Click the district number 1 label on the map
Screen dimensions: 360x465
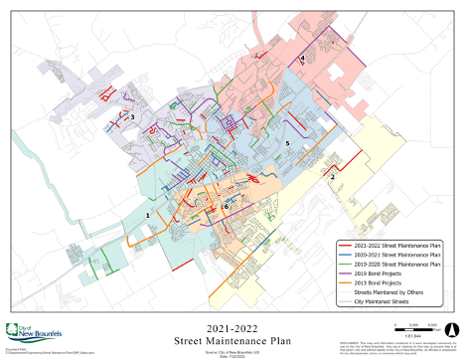[149, 214]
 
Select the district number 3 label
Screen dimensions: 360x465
[132, 117]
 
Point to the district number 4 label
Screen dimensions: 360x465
[302, 60]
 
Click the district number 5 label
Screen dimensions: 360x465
[287, 144]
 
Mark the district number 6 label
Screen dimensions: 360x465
[226, 206]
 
